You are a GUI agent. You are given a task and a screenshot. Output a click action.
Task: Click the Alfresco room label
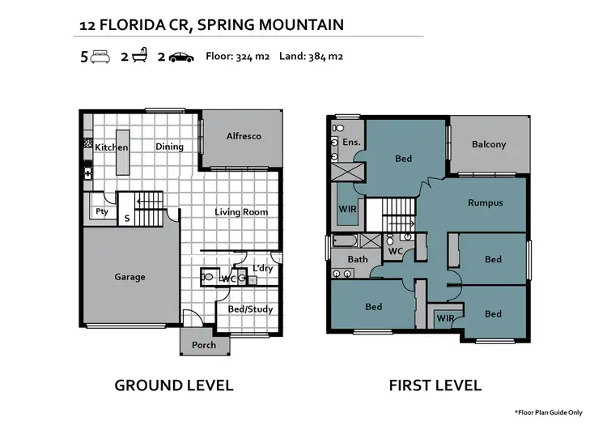pos(244,136)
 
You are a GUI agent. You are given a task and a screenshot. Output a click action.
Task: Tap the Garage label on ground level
pos(129,277)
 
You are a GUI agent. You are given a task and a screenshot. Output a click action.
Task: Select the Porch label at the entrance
pos(204,345)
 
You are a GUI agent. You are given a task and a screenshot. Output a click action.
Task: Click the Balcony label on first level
pos(489,144)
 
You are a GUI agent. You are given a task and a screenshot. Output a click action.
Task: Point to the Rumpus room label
pos(486,203)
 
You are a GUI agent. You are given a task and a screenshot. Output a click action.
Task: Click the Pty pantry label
pos(102,211)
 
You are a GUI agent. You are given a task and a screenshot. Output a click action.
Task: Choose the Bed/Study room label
pos(250,309)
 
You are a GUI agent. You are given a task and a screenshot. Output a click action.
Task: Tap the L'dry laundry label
pos(263,268)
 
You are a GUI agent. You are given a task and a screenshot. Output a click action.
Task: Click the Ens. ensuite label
pos(351,143)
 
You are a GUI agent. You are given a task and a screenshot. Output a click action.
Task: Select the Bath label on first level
pos(357,259)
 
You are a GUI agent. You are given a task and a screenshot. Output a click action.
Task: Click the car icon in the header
pos(181,57)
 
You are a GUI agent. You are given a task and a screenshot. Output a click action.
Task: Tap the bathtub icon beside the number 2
pos(140,55)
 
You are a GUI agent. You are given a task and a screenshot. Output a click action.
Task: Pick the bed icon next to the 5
pos(100,57)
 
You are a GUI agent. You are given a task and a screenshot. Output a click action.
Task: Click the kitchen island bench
pos(123,152)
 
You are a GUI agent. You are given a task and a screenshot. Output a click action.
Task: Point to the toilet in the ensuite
pos(338,127)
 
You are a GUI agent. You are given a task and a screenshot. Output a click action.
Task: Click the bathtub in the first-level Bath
pos(345,241)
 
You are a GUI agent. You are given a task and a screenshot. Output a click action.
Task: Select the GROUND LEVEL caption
pos(174,385)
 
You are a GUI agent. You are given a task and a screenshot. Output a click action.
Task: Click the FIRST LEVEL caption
pos(435,385)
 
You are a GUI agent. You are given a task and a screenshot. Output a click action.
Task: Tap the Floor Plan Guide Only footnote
pos(548,412)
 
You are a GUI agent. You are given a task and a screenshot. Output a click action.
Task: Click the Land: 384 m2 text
pos(311,57)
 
